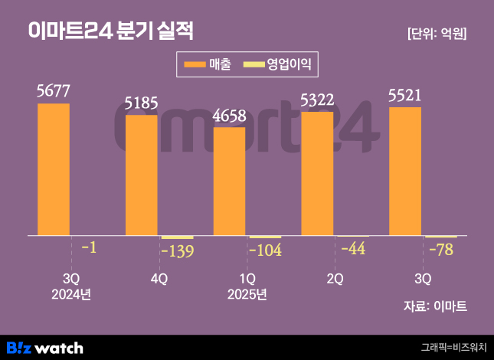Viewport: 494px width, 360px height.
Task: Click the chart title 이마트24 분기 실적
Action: [x=110, y=31]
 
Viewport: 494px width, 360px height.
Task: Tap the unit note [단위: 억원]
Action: [x=437, y=34]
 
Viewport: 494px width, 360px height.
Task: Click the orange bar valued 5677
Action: [x=54, y=169]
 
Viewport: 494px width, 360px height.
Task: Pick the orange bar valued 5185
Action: [x=142, y=175]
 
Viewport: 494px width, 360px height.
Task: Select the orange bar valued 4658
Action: [x=229, y=182]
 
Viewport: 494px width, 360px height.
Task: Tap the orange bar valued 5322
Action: [x=317, y=174]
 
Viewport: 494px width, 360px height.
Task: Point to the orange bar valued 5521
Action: [x=405, y=172]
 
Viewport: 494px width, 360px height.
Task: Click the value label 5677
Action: [x=54, y=92]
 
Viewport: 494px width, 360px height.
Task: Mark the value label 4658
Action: [x=229, y=116]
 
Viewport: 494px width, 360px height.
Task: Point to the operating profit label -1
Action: [x=88, y=248]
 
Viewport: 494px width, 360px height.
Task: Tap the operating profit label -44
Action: [x=352, y=248]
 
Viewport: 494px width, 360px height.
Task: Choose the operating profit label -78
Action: [x=440, y=250]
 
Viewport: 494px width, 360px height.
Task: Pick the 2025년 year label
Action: [x=247, y=294]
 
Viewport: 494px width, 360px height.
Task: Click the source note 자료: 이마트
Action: [x=434, y=306]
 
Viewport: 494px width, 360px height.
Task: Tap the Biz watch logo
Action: [x=44, y=348]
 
